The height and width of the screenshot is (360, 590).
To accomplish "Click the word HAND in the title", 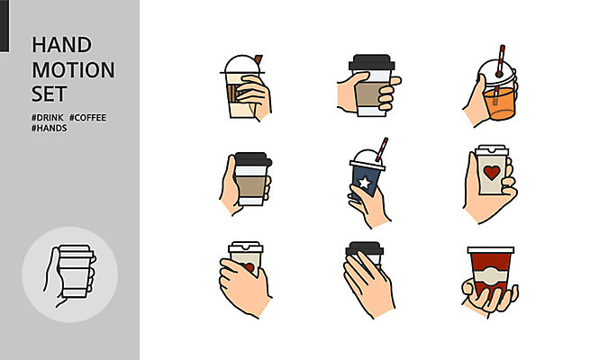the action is point(62,45).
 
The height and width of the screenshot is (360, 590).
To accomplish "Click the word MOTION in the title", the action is point(73,70).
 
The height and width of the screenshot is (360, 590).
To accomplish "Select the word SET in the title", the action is point(50,94).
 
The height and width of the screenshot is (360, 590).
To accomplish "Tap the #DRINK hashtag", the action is point(48,118).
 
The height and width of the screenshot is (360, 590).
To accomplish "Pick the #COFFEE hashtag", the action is point(87,118).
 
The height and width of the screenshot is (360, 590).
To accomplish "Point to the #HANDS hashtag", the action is point(50,128).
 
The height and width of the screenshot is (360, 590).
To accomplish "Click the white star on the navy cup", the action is point(364,183).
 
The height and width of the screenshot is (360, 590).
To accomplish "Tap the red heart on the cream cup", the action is point(492,173).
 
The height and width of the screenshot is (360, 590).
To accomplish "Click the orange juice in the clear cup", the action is point(500,103).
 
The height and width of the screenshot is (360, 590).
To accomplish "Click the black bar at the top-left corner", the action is point(5,25).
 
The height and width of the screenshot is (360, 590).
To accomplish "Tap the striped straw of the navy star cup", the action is point(381,149).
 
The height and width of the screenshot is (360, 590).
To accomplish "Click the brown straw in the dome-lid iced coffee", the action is point(259,59).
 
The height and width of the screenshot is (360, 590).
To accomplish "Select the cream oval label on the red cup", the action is point(490,276).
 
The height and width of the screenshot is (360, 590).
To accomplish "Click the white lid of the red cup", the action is point(491,250).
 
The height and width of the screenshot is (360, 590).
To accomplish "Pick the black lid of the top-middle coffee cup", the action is point(371,62).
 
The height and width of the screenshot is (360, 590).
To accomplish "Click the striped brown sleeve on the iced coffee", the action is point(233,93).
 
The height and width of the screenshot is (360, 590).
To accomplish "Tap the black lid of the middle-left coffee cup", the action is point(253,159).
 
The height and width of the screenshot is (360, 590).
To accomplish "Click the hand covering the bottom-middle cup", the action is point(368,283).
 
